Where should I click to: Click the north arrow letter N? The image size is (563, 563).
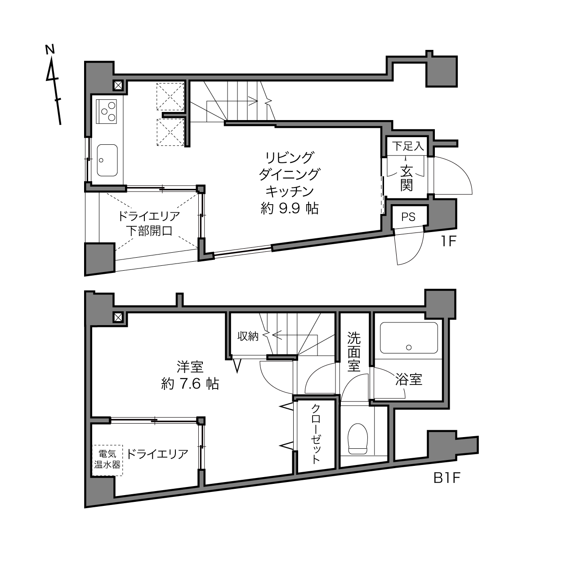[50, 49]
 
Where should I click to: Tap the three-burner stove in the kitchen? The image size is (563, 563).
[107, 111]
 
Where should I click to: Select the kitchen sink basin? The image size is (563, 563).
[107, 160]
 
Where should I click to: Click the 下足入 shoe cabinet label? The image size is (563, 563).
[408, 146]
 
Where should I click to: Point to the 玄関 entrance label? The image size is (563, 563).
[407, 178]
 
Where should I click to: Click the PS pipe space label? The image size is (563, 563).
[408, 217]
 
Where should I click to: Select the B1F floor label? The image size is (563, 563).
[447, 478]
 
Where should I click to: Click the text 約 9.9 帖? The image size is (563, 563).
[289, 209]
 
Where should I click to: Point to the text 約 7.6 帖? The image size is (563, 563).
[190, 384]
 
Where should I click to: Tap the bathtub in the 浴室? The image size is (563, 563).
[409, 338]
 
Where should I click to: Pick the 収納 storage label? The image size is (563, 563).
[248, 336]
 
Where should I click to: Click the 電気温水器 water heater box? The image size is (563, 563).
[107, 460]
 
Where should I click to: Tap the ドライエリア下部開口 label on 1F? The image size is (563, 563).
[149, 223]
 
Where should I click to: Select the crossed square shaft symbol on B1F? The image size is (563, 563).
[118, 317]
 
